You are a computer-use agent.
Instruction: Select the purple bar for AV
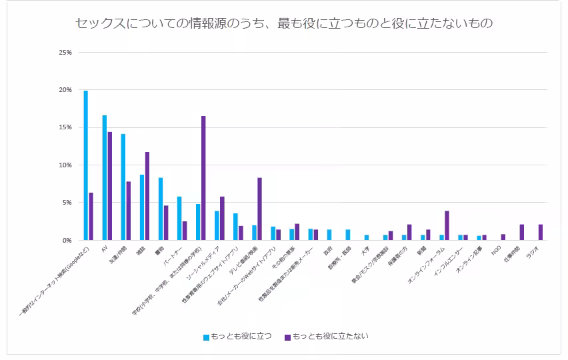pyautogui.click(x=110, y=186)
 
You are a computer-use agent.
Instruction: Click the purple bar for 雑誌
pyautogui.click(x=147, y=196)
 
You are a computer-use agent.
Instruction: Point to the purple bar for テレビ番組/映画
pyautogui.click(x=259, y=209)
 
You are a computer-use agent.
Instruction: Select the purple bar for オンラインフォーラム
pyautogui.click(x=447, y=225)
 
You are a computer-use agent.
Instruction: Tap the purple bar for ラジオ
pyautogui.click(x=540, y=232)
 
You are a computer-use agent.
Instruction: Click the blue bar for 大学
pyautogui.click(x=367, y=237)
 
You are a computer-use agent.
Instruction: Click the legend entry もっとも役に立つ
pyautogui.click(x=237, y=337)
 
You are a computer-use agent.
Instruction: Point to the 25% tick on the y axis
pyautogui.click(x=66, y=52)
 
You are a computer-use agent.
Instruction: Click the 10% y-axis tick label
pyautogui.click(x=66, y=165)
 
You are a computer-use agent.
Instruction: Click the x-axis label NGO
pyautogui.click(x=495, y=251)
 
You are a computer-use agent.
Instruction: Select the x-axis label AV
pyautogui.click(x=104, y=249)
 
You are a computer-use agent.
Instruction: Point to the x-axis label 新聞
pyautogui.click(x=420, y=250)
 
